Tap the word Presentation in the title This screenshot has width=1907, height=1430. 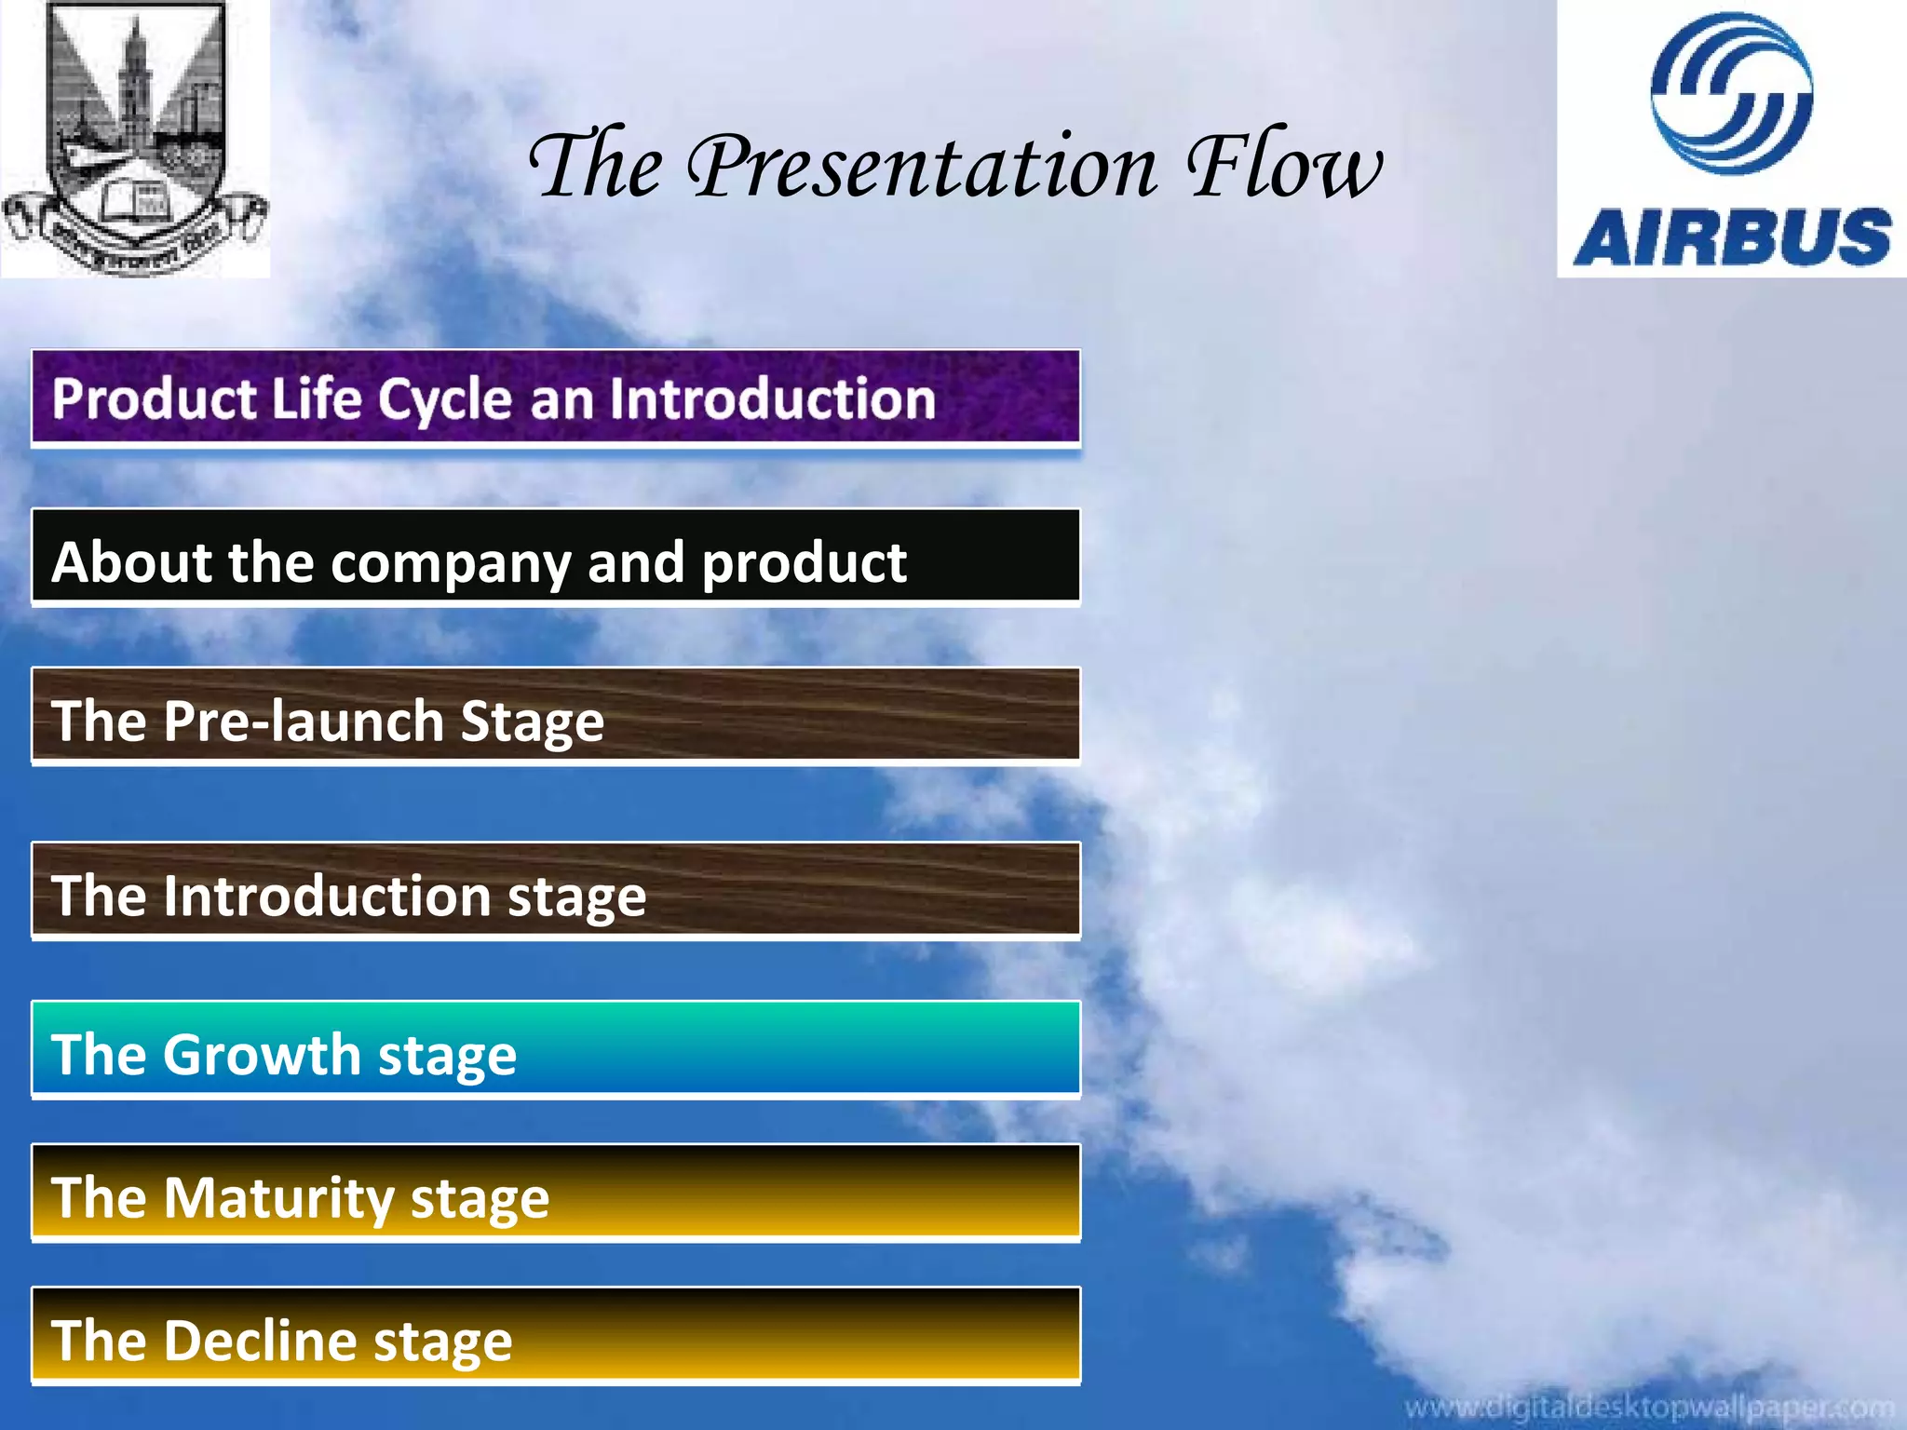click(922, 168)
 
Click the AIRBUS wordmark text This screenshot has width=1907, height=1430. click(1732, 237)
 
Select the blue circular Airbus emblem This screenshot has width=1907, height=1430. click(1731, 93)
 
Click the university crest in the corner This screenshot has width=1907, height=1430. click(135, 138)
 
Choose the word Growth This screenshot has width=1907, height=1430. click(264, 1055)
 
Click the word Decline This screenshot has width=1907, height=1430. click(261, 1341)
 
